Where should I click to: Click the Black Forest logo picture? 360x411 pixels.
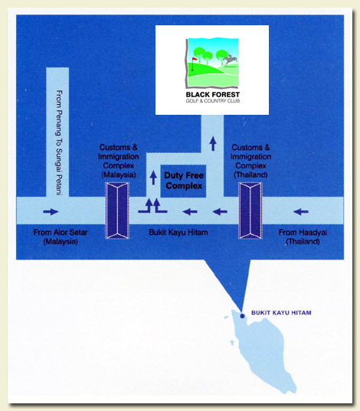pyautogui.click(x=212, y=63)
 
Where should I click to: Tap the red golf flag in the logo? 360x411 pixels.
pyautogui.click(x=195, y=59)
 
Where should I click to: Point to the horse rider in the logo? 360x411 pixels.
pyautogui.click(x=230, y=60)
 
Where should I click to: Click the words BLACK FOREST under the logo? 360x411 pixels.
pyautogui.click(x=212, y=94)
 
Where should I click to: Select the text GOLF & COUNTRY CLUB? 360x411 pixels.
pyautogui.click(x=212, y=101)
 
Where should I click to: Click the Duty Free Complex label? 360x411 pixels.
pyautogui.click(x=184, y=181)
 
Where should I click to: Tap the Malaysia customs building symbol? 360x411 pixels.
pyautogui.click(x=117, y=210)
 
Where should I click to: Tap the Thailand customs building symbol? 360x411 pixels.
pyautogui.click(x=250, y=210)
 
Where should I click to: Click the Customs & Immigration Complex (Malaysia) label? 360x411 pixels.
pyautogui.click(x=118, y=161)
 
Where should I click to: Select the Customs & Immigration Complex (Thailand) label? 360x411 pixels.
pyautogui.click(x=250, y=161)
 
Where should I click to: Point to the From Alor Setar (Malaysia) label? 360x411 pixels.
pyautogui.click(x=61, y=236)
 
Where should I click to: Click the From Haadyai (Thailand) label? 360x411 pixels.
pyautogui.click(x=303, y=236)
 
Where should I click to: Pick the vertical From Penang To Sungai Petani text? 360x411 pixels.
pyautogui.click(x=60, y=142)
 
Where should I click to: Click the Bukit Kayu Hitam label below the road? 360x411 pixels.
pyautogui.click(x=178, y=232)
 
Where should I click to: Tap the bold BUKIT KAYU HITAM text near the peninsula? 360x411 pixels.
pyautogui.click(x=281, y=313)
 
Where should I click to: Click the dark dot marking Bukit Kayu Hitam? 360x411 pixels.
pyautogui.click(x=242, y=316)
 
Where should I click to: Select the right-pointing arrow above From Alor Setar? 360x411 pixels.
pyautogui.click(x=51, y=212)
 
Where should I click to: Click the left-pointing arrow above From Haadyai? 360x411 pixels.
pyautogui.click(x=301, y=211)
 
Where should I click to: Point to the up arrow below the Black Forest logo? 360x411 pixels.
pyautogui.click(x=213, y=144)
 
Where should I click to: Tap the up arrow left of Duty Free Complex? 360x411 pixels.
pyautogui.click(x=153, y=178)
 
